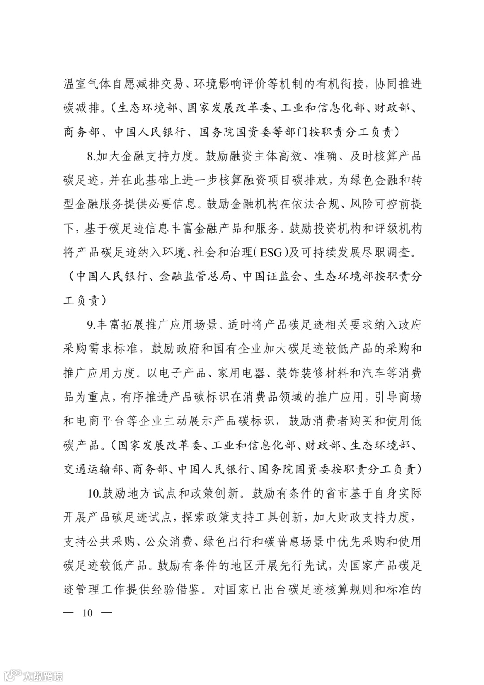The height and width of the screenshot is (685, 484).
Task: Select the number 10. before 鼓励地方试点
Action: pos(93,494)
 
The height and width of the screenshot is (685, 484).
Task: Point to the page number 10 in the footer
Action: pos(87,612)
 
